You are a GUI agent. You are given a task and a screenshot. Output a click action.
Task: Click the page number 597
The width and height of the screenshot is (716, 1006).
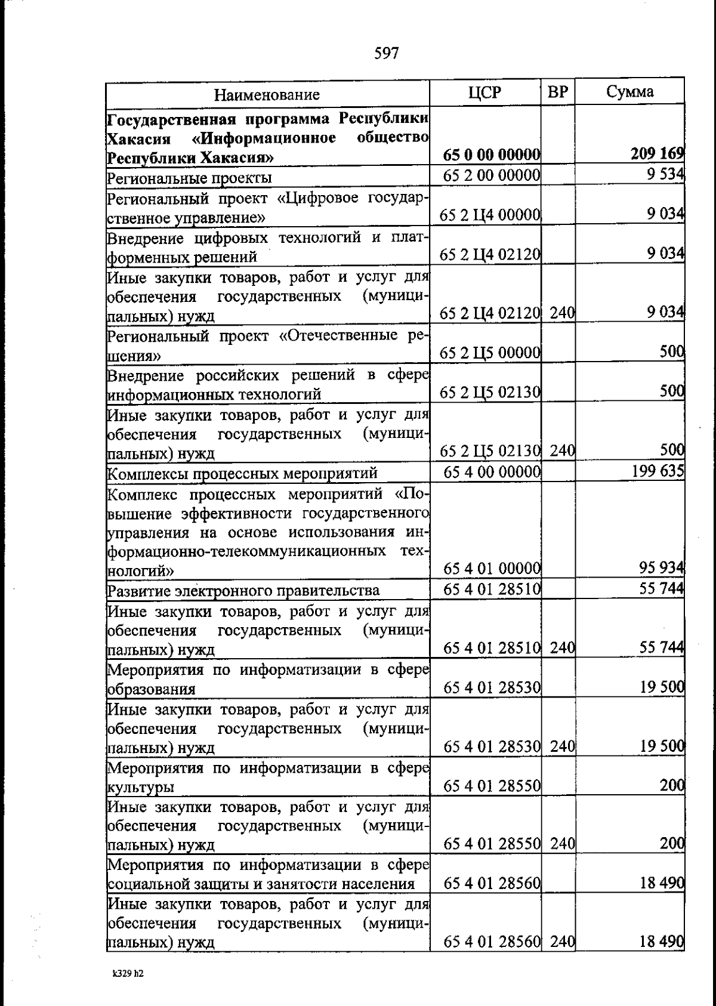386,54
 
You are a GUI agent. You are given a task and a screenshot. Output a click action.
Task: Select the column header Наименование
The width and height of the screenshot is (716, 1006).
267,94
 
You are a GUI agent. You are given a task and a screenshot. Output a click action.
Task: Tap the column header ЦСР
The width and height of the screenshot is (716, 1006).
484,92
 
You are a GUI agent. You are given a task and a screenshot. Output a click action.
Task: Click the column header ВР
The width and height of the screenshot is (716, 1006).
558,92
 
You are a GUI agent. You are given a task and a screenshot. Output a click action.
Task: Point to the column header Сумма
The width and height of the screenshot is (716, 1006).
629,92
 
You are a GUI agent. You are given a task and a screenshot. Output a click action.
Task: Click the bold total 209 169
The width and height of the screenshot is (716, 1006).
657,155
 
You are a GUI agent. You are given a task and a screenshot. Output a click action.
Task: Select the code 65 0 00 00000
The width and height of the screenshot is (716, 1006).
491,155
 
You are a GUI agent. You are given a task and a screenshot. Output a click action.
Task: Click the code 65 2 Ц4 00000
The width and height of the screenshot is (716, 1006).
490,215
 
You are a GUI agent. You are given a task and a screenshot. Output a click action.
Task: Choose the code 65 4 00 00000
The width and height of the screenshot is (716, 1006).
492,472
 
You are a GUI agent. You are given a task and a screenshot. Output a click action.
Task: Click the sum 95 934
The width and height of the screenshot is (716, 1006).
661,568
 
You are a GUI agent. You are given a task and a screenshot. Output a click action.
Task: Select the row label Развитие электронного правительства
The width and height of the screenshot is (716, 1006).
243,591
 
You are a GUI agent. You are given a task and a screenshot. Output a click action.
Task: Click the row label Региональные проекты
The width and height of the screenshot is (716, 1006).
189,178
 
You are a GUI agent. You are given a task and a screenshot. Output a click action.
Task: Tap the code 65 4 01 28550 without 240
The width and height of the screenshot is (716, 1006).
492,786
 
